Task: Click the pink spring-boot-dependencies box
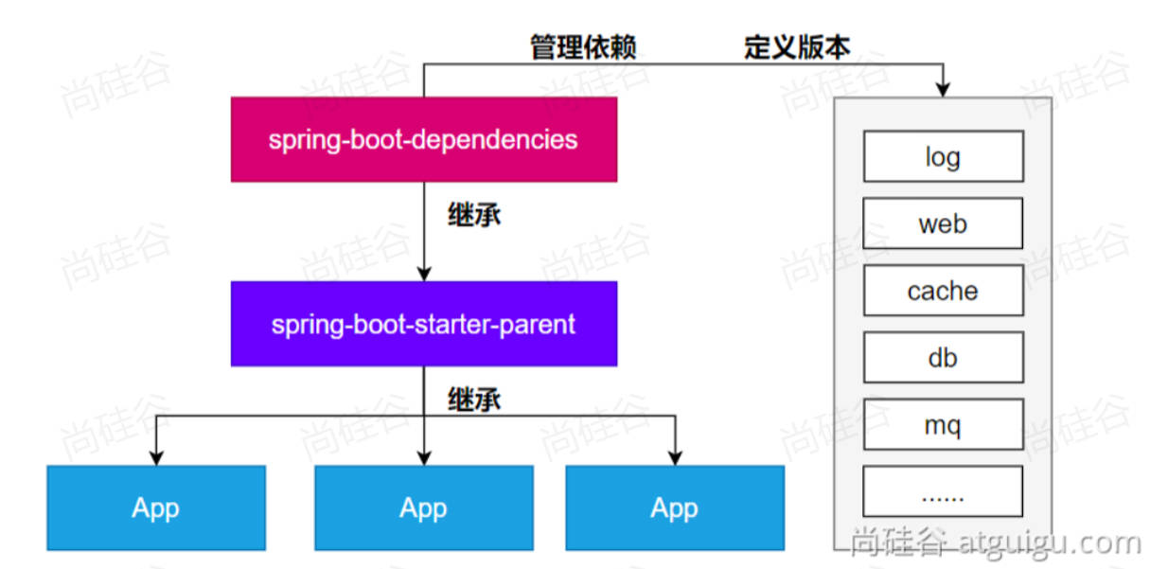(x=423, y=139)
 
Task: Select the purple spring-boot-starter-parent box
(x=423, y=324)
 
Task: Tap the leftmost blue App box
(x=155, y=507)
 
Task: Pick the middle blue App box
(x=423, y=507)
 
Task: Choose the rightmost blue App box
(x=674, y=507)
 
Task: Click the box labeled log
(x=943, y=156)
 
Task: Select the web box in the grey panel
(x=943, y=223)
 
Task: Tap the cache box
(x=943, y=291)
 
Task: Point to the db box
(x=943, y=358)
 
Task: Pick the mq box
(x=943, y=424)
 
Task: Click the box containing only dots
(x=943, y=492)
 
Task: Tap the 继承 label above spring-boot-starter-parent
(x=473, y=215)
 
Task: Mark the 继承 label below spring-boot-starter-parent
(x=473, y=400)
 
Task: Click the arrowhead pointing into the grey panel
(x=943, y=89)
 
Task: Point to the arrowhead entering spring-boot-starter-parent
(x=424, y=274)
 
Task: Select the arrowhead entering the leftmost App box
(x=155, y=457)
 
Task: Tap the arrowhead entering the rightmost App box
(x=674, y=457)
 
